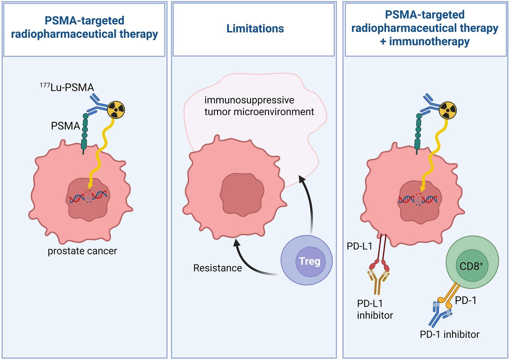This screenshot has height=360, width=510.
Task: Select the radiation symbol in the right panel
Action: click(447, 108)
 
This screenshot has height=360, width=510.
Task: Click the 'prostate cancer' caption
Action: click(82, 251)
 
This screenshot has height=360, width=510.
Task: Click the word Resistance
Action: click(218, 268)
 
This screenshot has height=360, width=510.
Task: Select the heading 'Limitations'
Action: click(255, 29)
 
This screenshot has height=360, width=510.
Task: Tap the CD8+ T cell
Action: click(468, 266)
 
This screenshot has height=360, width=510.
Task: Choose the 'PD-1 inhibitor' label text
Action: click(449, 335)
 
